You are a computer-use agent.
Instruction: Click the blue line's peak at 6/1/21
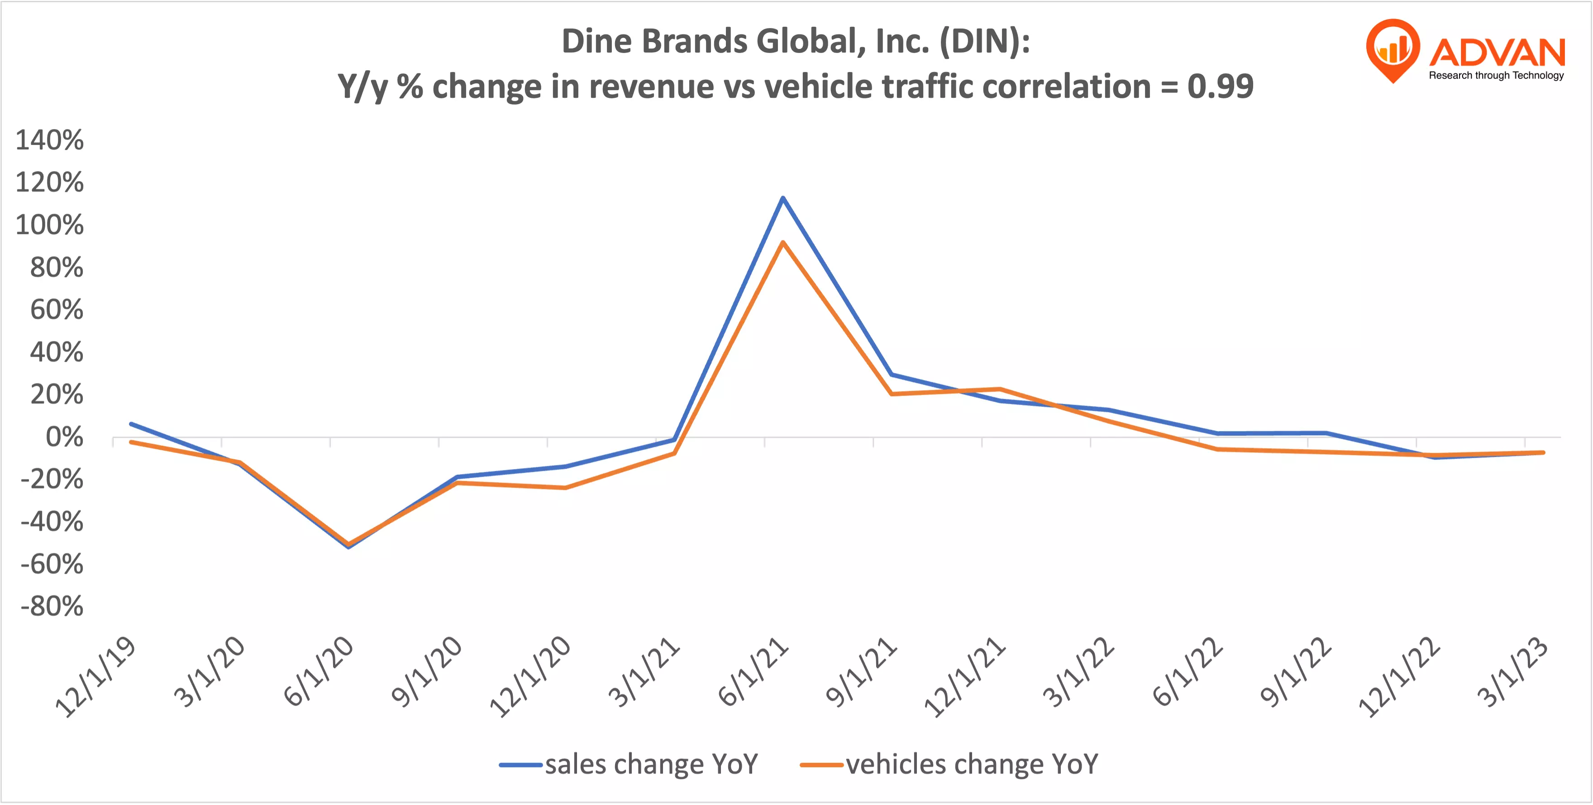point(783,198)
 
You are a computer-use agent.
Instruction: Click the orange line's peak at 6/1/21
point(783,243)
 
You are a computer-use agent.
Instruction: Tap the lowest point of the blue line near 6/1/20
point(348,547)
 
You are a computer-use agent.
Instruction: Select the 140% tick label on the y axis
point(49,140)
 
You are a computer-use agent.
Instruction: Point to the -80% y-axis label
point(52,606)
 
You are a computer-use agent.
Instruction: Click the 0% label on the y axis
point(64,437)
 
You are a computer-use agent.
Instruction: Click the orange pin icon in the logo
point(1393,49)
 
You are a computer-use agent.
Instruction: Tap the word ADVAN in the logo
point(1497,52)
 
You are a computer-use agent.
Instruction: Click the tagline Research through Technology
point(1496,76)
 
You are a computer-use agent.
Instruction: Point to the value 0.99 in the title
point(1220,86)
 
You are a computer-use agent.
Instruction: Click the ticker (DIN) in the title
point(984,42)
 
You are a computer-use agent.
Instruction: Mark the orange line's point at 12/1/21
point(1000,389)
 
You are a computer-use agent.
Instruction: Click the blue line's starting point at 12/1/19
point(131,424)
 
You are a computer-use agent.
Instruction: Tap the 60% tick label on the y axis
point(57,309)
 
